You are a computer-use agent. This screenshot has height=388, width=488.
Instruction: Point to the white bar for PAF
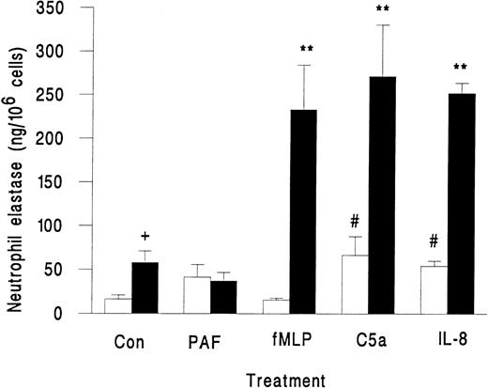197,295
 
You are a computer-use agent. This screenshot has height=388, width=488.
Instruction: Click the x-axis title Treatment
289,378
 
